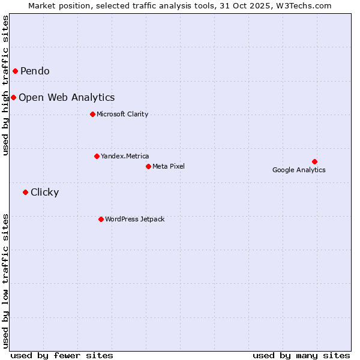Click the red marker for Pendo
[x=15, y=71]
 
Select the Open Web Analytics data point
[x=13, y=97]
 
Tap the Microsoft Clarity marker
[x=92, y=114]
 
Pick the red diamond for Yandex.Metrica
[x=97, y=156]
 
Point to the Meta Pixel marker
[x=148, y=166]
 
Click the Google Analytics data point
[x=314, y=161]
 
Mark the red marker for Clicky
[x=25, y=192]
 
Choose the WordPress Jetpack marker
[x=101, y=219]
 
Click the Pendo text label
[x=35, y=71]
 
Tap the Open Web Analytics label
[x=67, y=97]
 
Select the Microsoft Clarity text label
[x=122, y=114]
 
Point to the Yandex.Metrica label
[x=125, y=156]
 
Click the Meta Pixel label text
[x=169, y=166]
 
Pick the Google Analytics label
[x=299, y=170]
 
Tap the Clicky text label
[x=44, y=192]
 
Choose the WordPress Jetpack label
[x=134, y=219]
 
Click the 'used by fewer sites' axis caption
[x=62, y=355]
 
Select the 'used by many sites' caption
[x=301, y=355]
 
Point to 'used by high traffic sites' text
[x=6, y=85]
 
